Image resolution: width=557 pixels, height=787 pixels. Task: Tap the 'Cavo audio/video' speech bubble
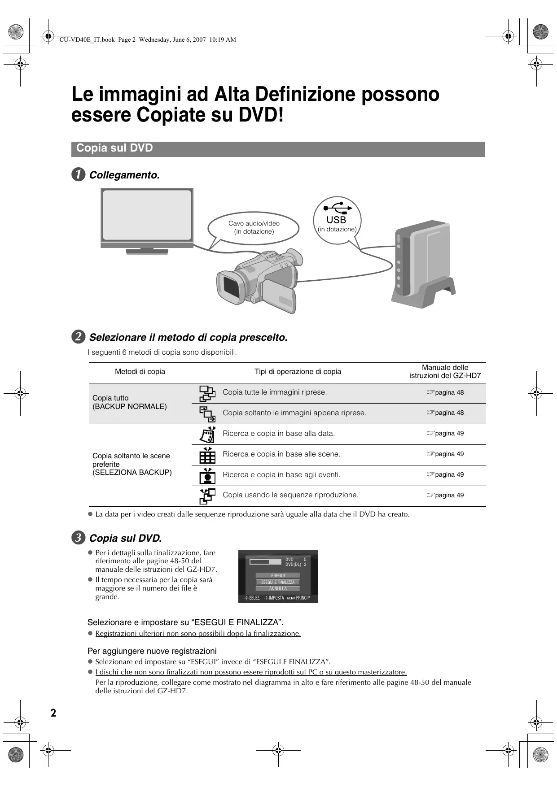pos(254,227)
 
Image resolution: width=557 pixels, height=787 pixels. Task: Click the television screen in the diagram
pos(147,215)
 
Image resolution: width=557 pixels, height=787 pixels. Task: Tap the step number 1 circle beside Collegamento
pos(78,175)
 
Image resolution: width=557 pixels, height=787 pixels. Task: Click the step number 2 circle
pos(78,337)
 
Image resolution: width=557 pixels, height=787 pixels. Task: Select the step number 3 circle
pos(78,538)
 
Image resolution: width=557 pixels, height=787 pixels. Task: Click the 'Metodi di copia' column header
pos(140,372)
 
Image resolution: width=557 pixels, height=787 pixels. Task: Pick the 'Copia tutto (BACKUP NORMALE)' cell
pos(129,402)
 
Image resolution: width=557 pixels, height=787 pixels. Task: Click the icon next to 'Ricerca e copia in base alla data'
pos(207,434)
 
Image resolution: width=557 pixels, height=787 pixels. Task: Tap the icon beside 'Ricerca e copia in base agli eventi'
pos(207,475)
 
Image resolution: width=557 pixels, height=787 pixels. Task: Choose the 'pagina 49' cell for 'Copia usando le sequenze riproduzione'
pos(445,496)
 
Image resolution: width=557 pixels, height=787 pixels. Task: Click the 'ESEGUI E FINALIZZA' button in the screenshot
pos(278,582)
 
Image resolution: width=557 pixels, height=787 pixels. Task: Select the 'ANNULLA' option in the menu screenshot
pos(278,589)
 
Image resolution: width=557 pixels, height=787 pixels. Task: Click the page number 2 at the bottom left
pos(53,713)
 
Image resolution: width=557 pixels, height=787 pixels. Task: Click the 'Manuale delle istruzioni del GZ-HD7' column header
pos(445,372)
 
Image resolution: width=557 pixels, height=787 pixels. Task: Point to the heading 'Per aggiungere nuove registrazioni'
pos(152,651)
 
